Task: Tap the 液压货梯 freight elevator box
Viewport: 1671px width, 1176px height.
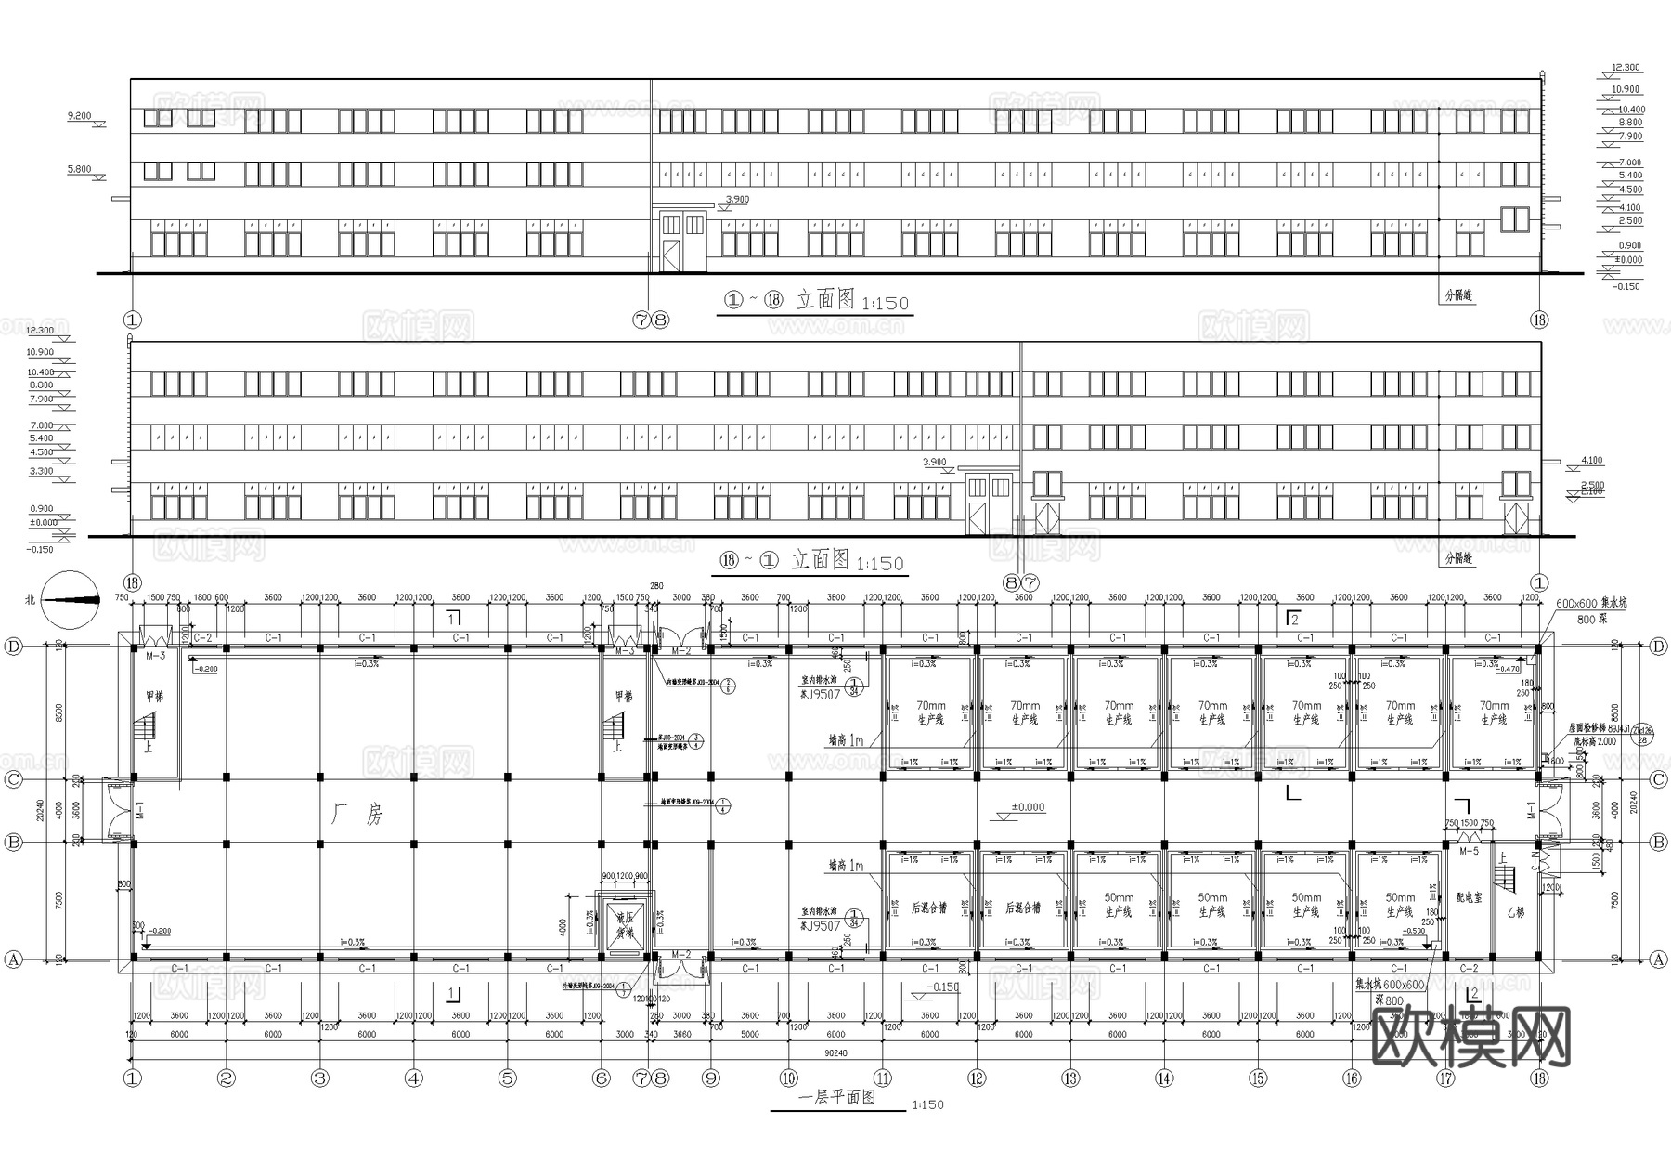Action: pyautogui.click(x=625, y=924)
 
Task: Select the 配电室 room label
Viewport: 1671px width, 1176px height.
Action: pyautogui.click(x=1469, y=898)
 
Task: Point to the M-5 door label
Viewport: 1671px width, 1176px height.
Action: pyautogui.click(x=1469, y=851)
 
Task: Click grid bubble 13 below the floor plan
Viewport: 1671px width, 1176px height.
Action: pyautogui.click(x=1070, y=1078)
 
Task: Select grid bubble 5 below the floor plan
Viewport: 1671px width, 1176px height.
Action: pyautogui.click(x=507, y=1078)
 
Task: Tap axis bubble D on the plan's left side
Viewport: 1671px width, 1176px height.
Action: pyautogui.click(x=14, y=647)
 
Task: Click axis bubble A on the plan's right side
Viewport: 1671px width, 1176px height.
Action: pyautogui.click(x=1659, y=960)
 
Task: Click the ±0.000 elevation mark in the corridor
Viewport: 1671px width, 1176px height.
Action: pyautogui.click(x=1028, y=807)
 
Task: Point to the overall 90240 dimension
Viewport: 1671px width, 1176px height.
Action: pyautogui.click(x=835, y=1053)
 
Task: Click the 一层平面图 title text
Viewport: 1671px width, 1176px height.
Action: pyautogui.click(x=836, y=1097)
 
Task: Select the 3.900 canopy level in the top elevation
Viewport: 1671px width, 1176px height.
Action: pyautogui.click(x=736, y=200)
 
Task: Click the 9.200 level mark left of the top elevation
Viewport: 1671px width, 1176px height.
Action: pyautogui.click(x=80, y=116)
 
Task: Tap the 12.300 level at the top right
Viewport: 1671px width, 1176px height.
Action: pyautogui.click(x=1626, y=68)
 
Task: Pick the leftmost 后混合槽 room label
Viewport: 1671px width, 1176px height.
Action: pyautogui.click(x=929, y=908)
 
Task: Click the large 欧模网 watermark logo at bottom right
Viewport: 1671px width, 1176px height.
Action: pyautogui.click(x=1470, y=1037)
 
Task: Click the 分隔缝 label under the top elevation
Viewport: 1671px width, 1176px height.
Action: pyautogui.click(x=1459, y=296)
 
